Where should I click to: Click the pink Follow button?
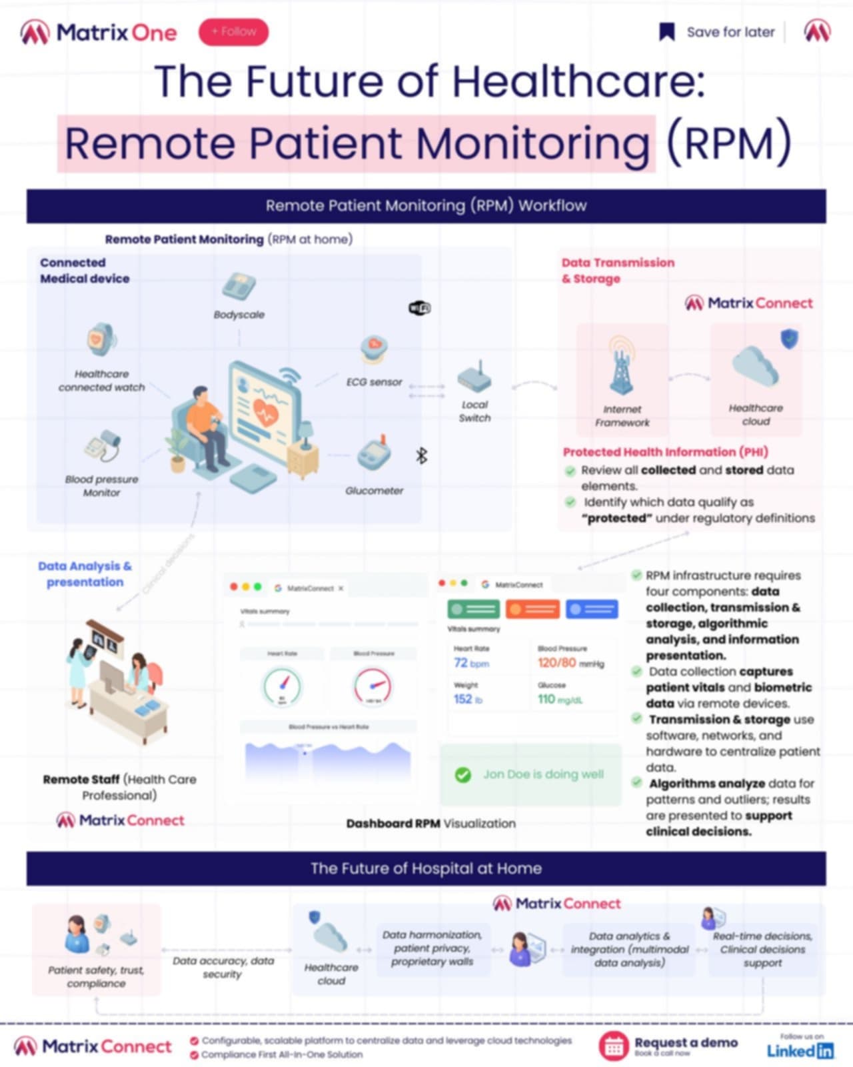click(x=233, y=32)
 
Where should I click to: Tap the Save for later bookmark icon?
click(x=666, y=32)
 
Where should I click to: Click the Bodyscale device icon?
click(x=239, y=287)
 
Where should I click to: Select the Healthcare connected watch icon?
click(x=101, y=340)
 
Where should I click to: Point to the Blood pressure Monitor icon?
click(x=103, y=446)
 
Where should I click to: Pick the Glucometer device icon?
click(x=374, y=455)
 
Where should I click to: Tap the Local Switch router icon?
click(x=474, y=377)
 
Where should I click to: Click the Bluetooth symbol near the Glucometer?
click(x=421, y=455)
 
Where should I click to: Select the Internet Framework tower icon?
click(x=621, y=367)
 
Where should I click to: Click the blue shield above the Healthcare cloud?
click(x=790, y=339)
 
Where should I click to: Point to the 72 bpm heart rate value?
click(x=470, y=663)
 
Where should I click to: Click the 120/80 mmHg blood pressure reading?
click(x=570, y=663)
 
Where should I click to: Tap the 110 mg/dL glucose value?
click(x=560, y=700)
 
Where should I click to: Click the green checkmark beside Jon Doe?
click(x=462, y=775)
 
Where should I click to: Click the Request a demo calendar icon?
click(x=613, y=1046)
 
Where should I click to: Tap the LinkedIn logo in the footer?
click(x=800, y=1051)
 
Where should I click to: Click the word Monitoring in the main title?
click(x=533, y=143)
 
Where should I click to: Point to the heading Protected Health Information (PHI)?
click(x=665, y=452)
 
